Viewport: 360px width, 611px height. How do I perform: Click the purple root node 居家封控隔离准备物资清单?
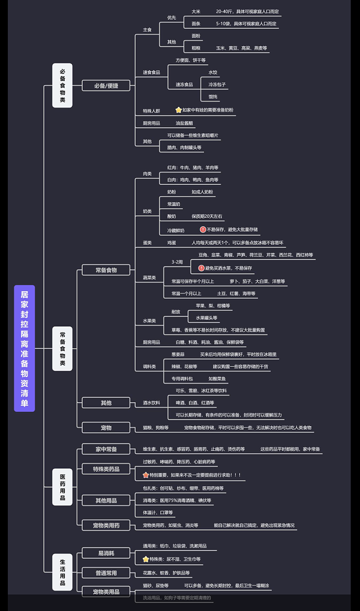(24, 348)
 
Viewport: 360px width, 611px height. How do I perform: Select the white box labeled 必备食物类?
(62, 85)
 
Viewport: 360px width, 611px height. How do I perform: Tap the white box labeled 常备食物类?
(62, 348)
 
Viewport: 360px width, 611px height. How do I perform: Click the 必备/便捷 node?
(106, 86)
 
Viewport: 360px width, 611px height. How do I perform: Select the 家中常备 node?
(106, 449)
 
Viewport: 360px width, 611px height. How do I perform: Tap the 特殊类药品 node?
(106, 468)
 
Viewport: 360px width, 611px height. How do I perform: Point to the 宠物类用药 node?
(106, 525)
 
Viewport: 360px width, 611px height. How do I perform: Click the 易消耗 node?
(106, 552)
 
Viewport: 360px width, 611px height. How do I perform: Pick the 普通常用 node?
(106, 573)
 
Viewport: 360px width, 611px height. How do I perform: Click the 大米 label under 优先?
(196, 11)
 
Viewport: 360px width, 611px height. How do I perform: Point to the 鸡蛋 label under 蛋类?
(172, 242)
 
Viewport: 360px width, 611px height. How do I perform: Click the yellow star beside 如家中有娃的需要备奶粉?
(178, 110)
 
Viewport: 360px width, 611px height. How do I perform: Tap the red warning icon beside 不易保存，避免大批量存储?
(203, 229)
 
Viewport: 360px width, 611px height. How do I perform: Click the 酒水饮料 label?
(151, 402)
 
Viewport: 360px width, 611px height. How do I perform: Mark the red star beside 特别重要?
(145, 475)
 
